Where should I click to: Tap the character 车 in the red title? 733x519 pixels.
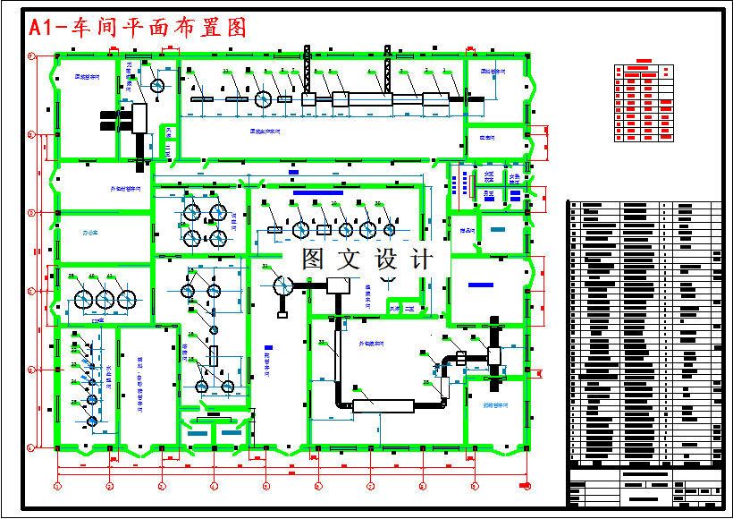click(83, 28)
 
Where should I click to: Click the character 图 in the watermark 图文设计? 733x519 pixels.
click(314, 259)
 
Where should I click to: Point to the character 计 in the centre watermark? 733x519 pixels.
click(420, 259)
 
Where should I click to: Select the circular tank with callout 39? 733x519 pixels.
click(84, 299)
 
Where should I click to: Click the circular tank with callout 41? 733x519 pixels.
click(127, 299)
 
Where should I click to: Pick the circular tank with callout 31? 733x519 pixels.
click(282, 286)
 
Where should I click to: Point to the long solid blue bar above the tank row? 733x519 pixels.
click(318, 192)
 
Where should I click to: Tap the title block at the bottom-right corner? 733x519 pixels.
click(645, 490)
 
